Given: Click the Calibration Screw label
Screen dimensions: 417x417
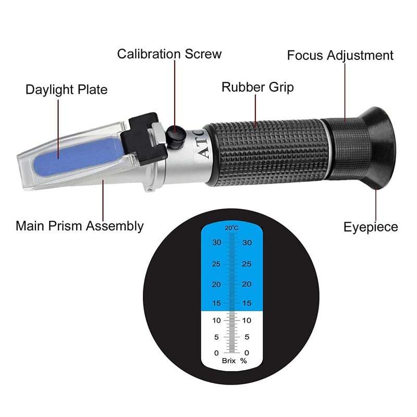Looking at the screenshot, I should coord(169,54).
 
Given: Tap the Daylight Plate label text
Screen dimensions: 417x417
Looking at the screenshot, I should coord(66,90).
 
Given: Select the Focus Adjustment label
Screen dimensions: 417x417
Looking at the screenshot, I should coord(340,55).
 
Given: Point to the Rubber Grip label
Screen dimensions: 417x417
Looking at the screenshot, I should coord(257,87).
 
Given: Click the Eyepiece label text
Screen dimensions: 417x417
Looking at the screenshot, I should coord(370,227).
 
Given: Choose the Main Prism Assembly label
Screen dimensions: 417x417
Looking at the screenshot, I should coord(79,226).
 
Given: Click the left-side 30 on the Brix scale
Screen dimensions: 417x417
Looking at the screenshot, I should coord(216,242).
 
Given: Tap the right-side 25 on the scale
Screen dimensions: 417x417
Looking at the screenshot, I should coord(247,264).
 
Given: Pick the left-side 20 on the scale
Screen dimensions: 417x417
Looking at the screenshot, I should coord(216,285).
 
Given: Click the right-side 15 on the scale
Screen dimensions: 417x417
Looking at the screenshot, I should coord(247,303).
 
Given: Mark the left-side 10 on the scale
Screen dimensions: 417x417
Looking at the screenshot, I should coord(216,321).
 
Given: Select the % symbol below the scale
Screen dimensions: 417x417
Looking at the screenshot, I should coord(243,361).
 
